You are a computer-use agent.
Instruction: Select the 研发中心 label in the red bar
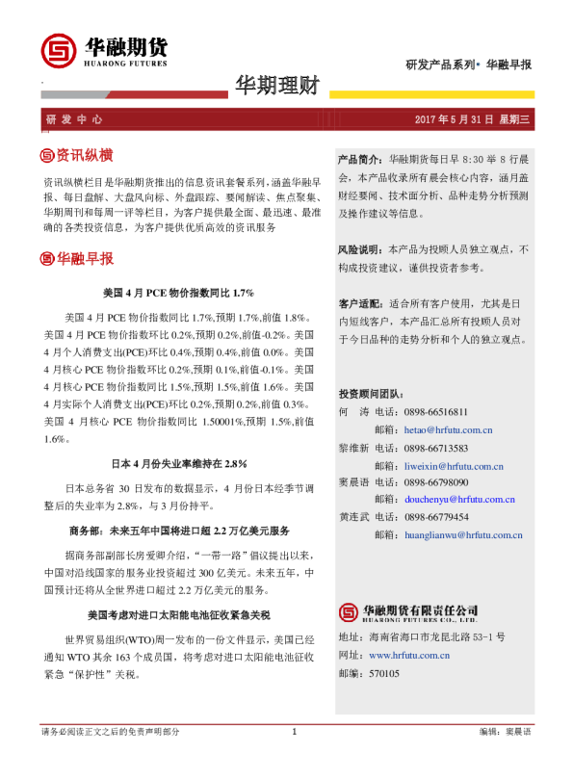[x=74, y=120]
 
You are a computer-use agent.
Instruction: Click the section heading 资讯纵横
[x=76, y=155]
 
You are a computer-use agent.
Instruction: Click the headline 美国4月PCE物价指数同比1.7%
[x=177, y=292]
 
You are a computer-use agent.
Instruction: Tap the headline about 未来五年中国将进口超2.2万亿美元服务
[x=178, y=531]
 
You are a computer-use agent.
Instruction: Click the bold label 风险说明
[x=359, y=248]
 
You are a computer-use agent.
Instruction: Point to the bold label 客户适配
[x=359, y=302]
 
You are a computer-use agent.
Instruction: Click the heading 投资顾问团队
[x=371, y=395]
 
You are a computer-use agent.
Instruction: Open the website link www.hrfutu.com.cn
[x=411, y=655]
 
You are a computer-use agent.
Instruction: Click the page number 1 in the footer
[x=293, y=759]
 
